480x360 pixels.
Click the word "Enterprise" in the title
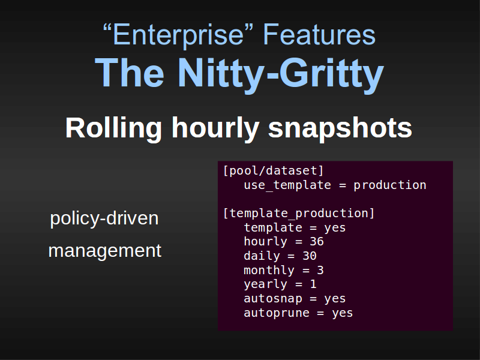click(x=178, y=35)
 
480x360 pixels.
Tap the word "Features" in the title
click(x=319, y=35)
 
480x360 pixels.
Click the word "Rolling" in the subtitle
click(x=113, y=128)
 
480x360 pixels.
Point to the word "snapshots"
click(x=340, y=128)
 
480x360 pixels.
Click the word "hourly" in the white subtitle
click(x=215, y=128)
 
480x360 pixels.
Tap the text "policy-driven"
click(x=104, y=218)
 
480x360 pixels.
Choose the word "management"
click(x=104, y=251)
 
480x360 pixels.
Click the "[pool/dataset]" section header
click(x=273, y=171)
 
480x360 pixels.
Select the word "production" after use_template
click(x=389, y=185)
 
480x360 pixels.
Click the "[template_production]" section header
click(x=299, y=213)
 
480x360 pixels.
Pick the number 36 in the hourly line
click(x=317, y=242)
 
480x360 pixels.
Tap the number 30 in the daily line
click(x=310, y=256)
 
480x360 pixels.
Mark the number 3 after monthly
click(x=320, y=271)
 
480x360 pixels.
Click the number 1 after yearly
click(x=313, y=284)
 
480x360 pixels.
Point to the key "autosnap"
click(x=273, y=298)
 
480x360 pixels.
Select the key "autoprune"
click(x=277, y=313)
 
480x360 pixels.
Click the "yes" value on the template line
click(x=335, y=228)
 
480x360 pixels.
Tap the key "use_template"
click(x=287, y=185)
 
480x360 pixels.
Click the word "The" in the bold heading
click(x=130, y=73)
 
